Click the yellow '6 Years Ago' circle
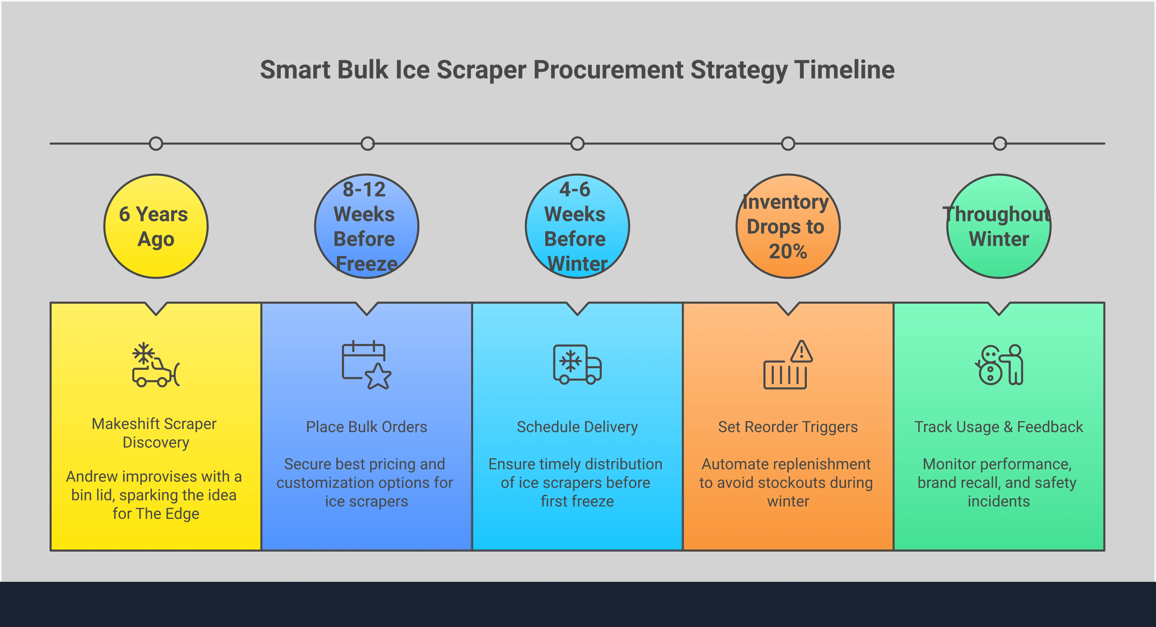coord(156,226)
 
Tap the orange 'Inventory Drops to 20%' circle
coord(788,226)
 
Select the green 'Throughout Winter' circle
coord(999,226)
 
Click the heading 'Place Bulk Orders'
coord(366,427)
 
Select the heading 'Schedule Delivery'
coord(577,427)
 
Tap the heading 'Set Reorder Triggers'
coord(788,427)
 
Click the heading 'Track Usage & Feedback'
coord(999,427)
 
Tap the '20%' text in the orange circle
coord(788,251)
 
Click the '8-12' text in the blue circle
coord(364,189)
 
